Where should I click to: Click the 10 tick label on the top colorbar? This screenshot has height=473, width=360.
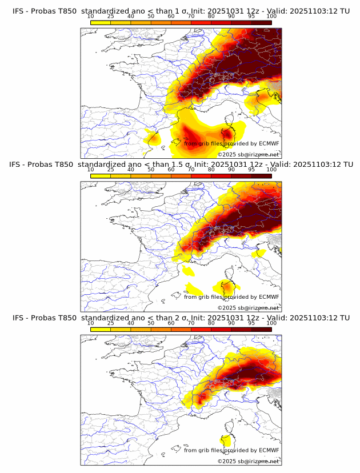91,16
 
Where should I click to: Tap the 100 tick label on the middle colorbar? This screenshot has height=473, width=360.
271,169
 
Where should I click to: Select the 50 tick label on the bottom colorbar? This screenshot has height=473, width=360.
151,323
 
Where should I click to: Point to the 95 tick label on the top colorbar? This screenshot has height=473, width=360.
251,16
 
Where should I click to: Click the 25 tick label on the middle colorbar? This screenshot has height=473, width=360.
111,169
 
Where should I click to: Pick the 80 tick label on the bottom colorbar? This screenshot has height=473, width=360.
211,323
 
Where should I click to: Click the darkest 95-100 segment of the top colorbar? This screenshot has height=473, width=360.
262,22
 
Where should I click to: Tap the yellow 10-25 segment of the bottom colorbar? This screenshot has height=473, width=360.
101,329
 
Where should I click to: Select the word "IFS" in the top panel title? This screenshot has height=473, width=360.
19,10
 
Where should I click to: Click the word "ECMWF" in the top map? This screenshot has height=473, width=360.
269,143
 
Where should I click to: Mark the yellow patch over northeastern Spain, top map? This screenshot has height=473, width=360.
153,137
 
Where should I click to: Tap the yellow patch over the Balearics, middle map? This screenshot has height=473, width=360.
190,287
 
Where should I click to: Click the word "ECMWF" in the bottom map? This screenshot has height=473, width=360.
269,450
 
